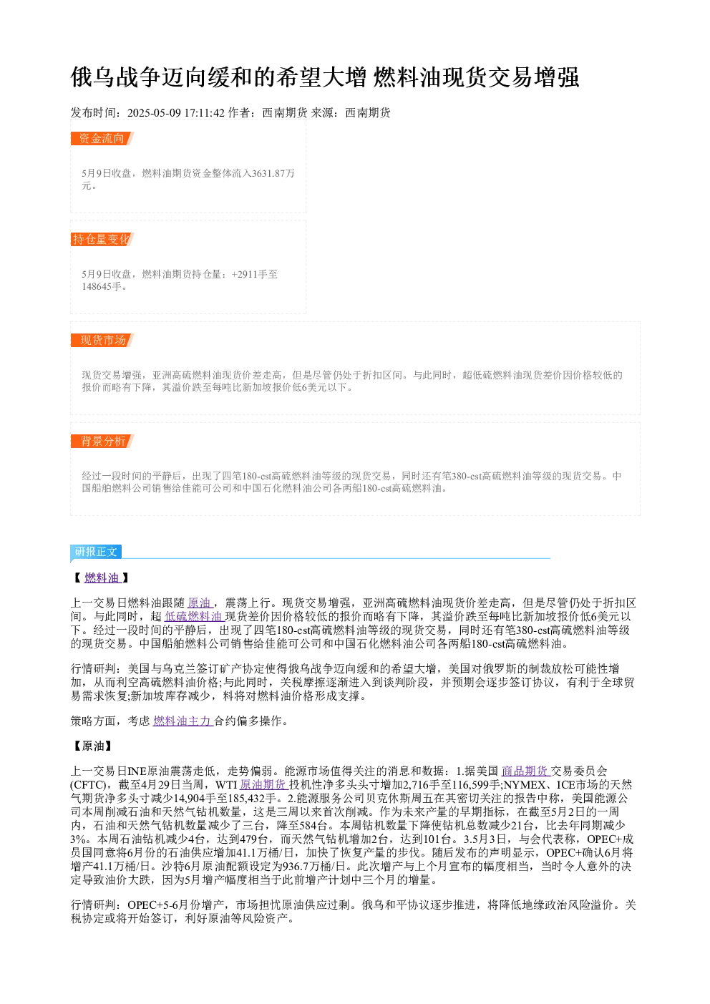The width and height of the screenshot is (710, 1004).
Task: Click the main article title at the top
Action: [x=324, y=77]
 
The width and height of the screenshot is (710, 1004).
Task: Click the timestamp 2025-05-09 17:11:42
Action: [x=175, y=113]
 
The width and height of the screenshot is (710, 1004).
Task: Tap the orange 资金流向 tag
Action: [x=102, y=139]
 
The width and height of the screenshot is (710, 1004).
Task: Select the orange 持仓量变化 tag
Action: [x=102, y=239]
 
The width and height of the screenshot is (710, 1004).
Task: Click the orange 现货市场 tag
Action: [x=102, y=340]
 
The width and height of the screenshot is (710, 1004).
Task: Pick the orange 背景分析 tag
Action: [x=102, y=441]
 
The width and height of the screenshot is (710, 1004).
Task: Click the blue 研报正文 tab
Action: [x=96, y=551]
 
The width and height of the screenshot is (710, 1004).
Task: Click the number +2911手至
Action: [x=254, y=274]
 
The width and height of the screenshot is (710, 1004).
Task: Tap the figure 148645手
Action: [x=102, y=286]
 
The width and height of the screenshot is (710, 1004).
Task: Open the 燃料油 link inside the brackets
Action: [x=102, y=577]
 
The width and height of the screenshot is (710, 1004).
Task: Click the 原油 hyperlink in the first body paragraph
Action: [x=199, y=603]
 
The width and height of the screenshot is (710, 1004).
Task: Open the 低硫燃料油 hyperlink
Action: [x=193, y=616]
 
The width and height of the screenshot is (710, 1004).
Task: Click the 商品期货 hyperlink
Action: [x=525, y=771]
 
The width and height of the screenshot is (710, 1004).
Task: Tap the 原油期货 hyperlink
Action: [x=263, y=784]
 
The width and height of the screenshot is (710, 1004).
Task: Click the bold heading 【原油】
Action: [x=93, y=746]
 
